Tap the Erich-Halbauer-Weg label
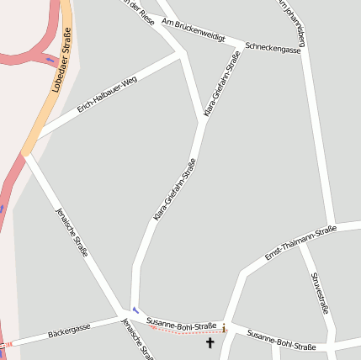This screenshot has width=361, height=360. [x=107, y=95]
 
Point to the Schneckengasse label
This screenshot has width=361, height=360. [x=273, y=48]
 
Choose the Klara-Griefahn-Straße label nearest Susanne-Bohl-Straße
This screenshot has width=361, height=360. [x=174, y=191]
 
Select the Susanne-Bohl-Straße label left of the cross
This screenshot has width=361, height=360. [x=181, y=323]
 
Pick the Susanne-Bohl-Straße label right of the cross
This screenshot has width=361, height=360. [x=281, y=341]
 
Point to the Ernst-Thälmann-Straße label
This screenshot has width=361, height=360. [x=300, y=242]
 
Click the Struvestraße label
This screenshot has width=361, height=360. [x=319, y=293]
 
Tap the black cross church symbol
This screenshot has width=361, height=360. [x=210, y=342]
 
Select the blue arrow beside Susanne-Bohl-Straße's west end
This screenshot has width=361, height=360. [x=135, y=310]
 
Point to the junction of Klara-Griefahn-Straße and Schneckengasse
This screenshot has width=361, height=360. [x=244, y=45]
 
